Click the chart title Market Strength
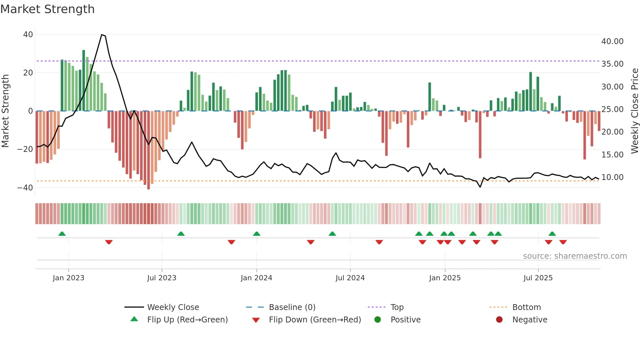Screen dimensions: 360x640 tap(47, 9)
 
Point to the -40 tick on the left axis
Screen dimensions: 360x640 tap(25, 188)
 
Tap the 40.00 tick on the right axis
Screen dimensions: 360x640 tap(612, 41)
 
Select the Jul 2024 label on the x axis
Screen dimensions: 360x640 tap(350, 278)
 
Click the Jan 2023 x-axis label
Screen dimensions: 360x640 tap(68, 278)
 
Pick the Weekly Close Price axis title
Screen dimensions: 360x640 tap(634, 111)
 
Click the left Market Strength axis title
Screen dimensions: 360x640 tap(6, 111)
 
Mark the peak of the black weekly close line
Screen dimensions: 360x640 tap(102, 35)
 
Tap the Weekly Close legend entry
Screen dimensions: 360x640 tap(173, 307)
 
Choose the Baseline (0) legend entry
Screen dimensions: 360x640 tap(292, 307)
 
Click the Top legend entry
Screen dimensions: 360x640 tap(397, 307)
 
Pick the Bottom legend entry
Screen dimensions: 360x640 tap(526, 307)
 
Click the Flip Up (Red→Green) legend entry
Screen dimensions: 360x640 tap(187, 320)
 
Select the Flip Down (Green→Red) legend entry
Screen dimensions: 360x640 tap(315, 320)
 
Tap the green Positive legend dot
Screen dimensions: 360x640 tap(377, 320)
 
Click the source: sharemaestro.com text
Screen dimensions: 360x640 tap(575, 256)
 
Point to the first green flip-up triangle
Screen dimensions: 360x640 tap(62, 234)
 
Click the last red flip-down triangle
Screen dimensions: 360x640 tap(563, 242)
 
